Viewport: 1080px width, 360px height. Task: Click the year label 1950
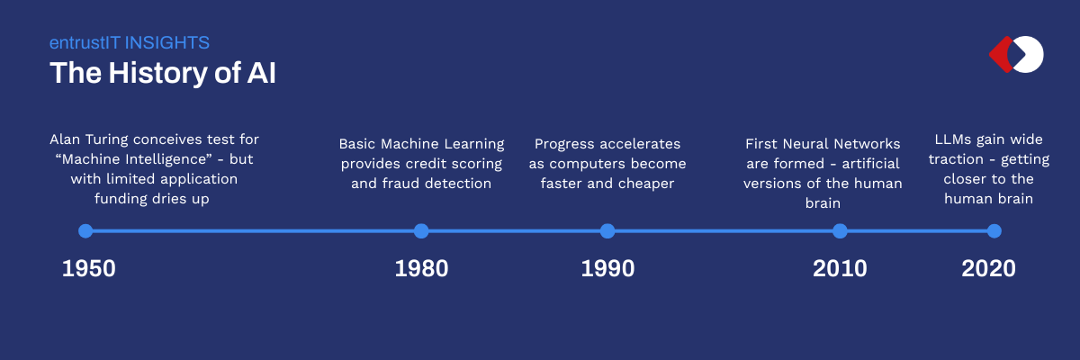click(x=88, y=268)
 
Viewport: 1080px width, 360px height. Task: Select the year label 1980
click(x=421, y=268)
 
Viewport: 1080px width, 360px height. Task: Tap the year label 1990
click(x=607, y=268)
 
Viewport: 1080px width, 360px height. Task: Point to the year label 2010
click(x=840, y=268)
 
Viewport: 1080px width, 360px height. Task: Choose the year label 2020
click(x=988, y=268)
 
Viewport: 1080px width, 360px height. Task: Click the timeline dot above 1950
click(x=85, y=231)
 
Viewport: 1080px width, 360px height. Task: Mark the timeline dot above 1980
click(x=421, y=231)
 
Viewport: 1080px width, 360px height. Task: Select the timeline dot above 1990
click(x=607, y=231)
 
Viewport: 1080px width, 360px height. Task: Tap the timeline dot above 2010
click(x=840, y=231)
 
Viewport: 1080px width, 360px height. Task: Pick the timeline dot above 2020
click(x=994, y=231)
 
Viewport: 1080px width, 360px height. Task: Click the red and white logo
click(x=1016, y=54)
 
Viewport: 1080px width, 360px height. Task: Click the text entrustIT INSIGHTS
click(x=130, y=42)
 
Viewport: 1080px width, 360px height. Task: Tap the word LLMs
click(x=954, y=139)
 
